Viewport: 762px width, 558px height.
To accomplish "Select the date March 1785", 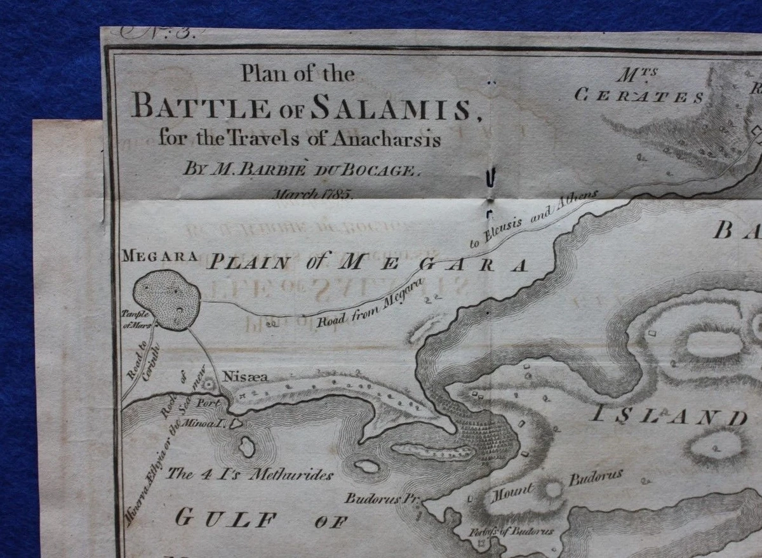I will point(312,194).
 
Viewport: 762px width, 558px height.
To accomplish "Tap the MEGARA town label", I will point(159,257).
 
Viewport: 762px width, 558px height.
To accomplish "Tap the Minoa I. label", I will point(210,422).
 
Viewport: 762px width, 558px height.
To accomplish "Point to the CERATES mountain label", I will point(639,96).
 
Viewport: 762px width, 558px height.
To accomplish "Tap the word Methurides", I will point(290,474).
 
